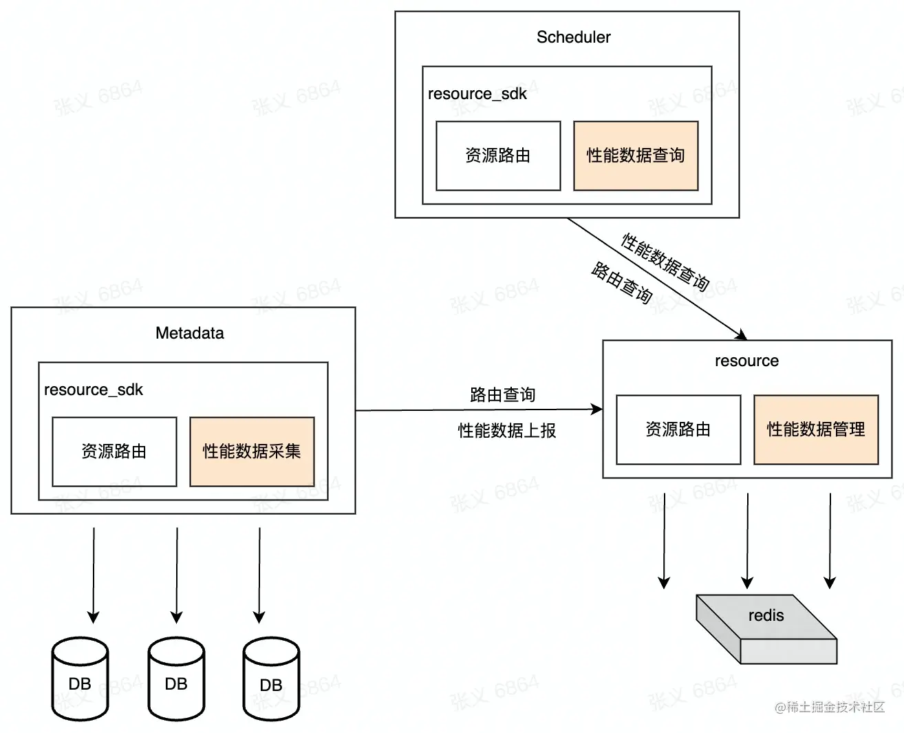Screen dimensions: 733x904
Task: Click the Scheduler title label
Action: click(573, 37)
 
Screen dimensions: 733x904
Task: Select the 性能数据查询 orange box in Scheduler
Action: click(636, 156)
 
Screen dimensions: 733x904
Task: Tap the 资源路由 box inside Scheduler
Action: click(498, 156)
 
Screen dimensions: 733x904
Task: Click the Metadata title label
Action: click(190, 333)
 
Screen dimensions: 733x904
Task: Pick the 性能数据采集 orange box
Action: click(252, 452)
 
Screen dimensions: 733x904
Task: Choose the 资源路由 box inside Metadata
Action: click(114, 452)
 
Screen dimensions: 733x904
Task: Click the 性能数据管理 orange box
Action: click(816, 429)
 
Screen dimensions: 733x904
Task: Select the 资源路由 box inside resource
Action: click(678, 429)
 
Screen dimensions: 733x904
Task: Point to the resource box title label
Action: click(746, 361)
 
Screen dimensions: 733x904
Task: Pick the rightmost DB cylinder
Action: click(271, 680)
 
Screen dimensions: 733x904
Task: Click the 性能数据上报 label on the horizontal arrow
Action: click(507, 431)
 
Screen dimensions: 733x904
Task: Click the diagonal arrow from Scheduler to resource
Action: click(657, 279)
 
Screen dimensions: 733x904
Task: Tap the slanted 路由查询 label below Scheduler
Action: click(621, 282)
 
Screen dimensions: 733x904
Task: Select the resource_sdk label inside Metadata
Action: click(94, 390)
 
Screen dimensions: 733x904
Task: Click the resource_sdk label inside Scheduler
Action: click(477, 94)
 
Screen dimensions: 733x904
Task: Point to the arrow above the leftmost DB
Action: click(94, 575)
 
